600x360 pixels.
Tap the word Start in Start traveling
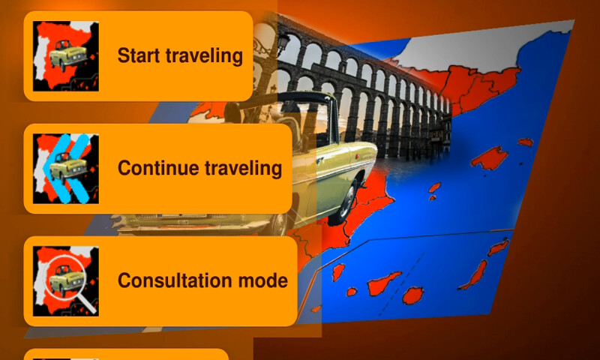[x=140, y=55]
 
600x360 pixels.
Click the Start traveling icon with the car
[x=65, y=55]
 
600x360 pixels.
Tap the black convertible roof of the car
[x=300, y=100]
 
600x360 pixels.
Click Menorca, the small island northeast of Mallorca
[x=526, y=142]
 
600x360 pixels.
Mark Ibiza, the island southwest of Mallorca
[x=433, y=187]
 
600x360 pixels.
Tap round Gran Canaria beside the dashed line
[x=412, y=295]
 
